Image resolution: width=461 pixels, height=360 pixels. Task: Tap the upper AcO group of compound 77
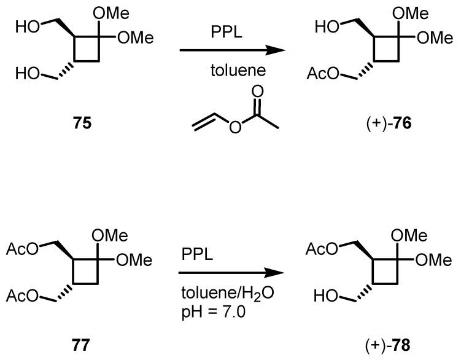22,249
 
